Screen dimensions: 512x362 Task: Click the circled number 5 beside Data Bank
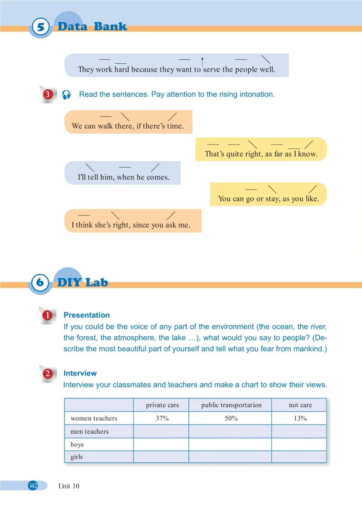(41, 27)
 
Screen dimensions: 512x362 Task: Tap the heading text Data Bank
(92, 26)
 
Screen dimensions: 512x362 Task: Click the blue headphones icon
(66, 95)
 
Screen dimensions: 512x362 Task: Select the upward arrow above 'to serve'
(202, 61)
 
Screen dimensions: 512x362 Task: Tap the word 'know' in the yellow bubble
(307, 154)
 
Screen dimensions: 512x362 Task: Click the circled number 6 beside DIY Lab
(40, 282)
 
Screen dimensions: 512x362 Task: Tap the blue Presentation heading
(86, 315)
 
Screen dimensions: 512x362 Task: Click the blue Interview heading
(80, 373)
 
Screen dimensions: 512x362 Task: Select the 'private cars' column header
(162, 405)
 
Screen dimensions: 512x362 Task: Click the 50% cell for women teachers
(231, 418)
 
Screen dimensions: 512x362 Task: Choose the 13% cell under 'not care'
(300, 418)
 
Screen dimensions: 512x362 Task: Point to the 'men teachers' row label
(89, 432)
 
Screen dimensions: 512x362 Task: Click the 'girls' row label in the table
(76, 457)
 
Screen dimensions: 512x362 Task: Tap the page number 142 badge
(33, 486)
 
